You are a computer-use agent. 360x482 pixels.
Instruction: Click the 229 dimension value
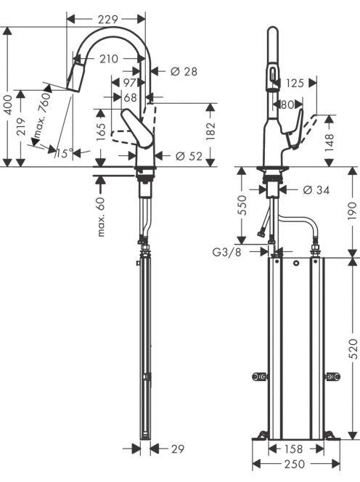107,20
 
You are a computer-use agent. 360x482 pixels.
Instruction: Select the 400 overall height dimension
8,105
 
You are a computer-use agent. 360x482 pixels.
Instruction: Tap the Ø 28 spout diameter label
184,72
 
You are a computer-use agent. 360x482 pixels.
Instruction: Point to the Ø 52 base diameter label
189,156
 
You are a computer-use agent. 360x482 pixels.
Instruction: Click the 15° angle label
65,152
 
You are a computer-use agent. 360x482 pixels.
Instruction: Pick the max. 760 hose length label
42,115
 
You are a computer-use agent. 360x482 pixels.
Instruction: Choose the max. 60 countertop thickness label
101,217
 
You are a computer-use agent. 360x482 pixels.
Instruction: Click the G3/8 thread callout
227,252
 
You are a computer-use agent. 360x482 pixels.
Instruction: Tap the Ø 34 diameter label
316,190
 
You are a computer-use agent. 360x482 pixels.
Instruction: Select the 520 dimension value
353,348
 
